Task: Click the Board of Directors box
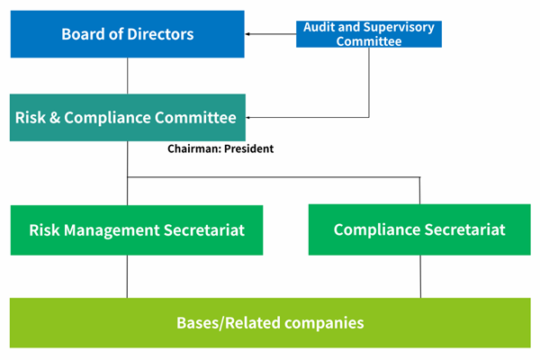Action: pyautogui.click(x=128, y=34)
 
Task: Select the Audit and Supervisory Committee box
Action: pyautogui.click(x=369, y=34)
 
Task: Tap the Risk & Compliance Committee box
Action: pyautogui.click(x=128, y=118)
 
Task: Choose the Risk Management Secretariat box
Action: pyautogui.click(x=137, y=230)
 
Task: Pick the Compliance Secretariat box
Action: pyautogui.click(x=419, y=229)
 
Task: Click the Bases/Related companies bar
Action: pyautogui.click(x=270, y=323)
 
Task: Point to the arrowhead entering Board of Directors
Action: pyautogui.click(x=247, y=34)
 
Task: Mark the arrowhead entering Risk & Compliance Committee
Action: pyautogui.click(x=248, y=118)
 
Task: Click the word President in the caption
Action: pyautogui.click(x=249, y=148)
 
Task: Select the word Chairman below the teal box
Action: pyautogui.click(x=194, y=148)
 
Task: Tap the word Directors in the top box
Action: pyautogui.click(x=160, y=34)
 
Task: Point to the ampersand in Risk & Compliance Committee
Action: pyautogui.click(x=55, y=118)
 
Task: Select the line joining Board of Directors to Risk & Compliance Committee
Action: pyautogui.click(x=128, y=76)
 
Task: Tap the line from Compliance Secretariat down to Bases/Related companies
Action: pyautogui.click(x=420, y=276)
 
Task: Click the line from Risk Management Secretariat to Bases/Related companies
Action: pyautogui.click(x=127, y=276)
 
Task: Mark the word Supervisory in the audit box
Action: pyautogui.click(x=399, y=27)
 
